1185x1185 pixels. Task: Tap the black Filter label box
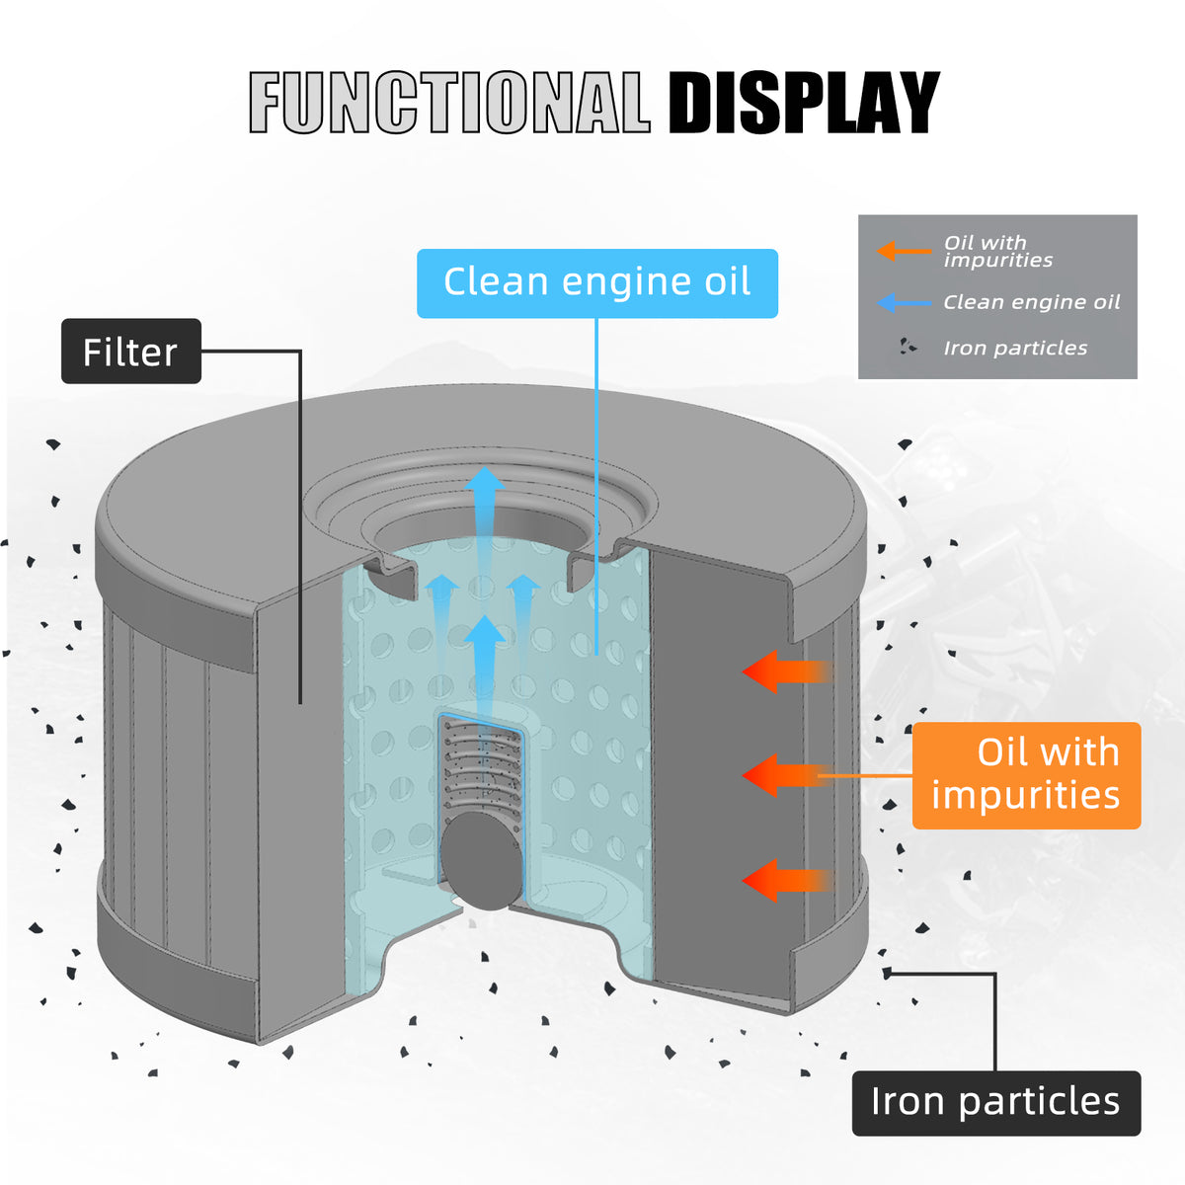(131, 352)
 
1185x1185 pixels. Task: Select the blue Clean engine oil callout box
(596, 282)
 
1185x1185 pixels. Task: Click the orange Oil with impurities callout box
(1026, 775)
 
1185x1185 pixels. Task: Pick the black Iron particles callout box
(995, 1102)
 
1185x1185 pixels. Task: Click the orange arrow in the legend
(903, 251)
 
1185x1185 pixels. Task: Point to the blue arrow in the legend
(903, 302)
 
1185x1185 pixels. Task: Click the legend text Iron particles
(1015, 348)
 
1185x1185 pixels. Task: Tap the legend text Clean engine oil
(1032, 302)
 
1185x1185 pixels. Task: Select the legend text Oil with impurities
(997, 251)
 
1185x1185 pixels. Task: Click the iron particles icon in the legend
(908, 348)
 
